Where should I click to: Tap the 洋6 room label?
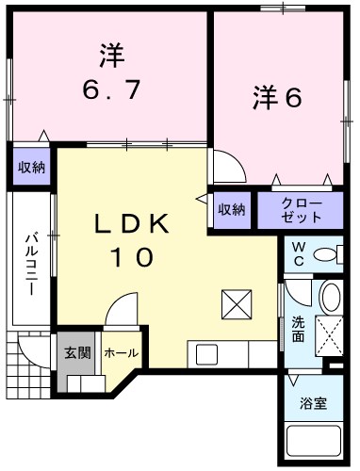276,96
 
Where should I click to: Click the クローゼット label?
302,210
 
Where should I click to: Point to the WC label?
297,253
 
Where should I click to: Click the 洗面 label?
298,328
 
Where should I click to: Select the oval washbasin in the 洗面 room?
330,298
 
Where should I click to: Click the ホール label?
121,353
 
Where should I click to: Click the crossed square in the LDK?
234,304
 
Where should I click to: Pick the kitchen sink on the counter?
206,356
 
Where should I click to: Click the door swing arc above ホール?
120,312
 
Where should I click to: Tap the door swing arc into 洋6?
228,167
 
